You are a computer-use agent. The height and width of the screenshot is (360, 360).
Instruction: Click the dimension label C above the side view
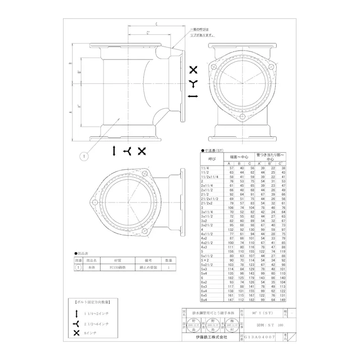[x=157, y=24]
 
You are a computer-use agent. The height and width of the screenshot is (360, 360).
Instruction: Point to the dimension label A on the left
[x=71, y=108]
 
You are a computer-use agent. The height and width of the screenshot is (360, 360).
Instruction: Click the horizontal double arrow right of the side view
[x=193, y=95]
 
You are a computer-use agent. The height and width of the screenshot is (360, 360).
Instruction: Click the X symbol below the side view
[x=142, y=151]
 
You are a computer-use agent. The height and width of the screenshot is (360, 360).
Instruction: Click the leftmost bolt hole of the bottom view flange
[x=94, y=202]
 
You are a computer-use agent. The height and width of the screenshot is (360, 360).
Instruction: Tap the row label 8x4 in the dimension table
[x=204, y=299]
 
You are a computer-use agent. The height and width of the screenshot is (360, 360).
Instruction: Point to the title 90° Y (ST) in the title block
[x=263, y=313]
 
